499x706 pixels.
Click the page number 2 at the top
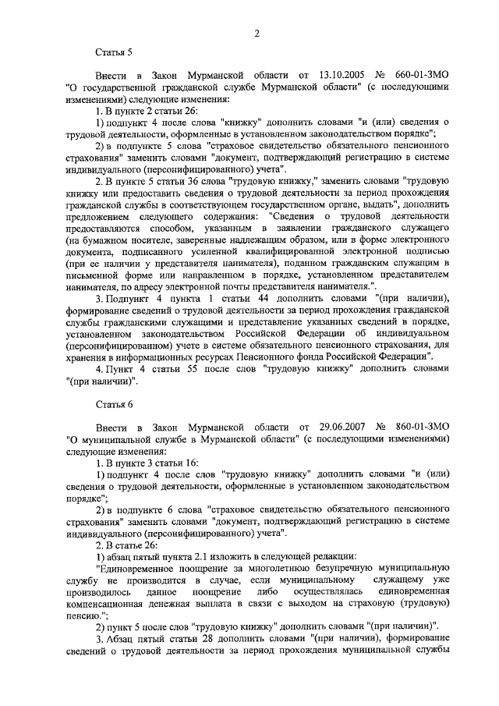[256, 33]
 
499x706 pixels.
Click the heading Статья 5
[115, 54]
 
